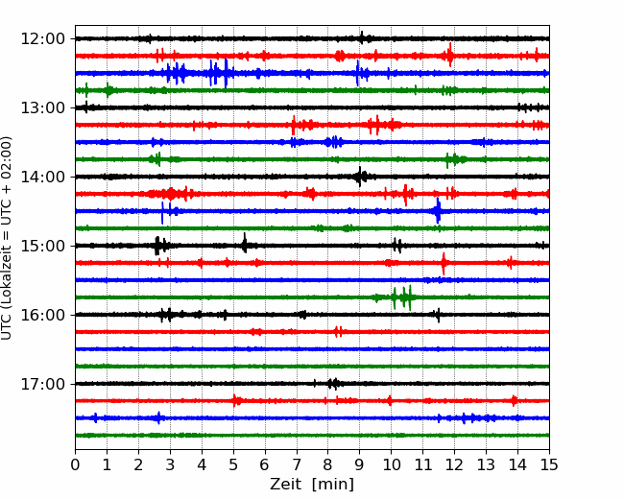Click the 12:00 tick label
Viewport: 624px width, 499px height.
click(x=42, y=39)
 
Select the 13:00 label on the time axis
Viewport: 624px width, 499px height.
click(x=42, y=107)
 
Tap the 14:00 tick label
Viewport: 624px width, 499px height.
click(x=42, y=177)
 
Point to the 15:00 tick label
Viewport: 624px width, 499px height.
click(x=42, y=246)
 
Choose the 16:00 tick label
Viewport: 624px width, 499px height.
click(x=42, y=315)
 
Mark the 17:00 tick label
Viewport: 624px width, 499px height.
click(x=42, y=384)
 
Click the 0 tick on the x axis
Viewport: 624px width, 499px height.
click(x=75, y=464)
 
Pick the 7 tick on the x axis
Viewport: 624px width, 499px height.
click(x=297, y=464)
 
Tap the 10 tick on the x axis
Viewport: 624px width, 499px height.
click(x=391, y=464)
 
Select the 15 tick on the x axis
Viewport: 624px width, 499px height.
click(x=549, y=464)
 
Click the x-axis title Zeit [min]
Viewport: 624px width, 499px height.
click(x=312, y=485)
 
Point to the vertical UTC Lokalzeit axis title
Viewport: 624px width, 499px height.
click(x=6, y=238)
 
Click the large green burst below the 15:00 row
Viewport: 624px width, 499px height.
click(x=403, y=297)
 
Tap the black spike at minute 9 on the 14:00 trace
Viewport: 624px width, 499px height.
click(x=360, y=177)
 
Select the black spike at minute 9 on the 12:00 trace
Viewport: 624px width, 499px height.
click(x=362, y=37)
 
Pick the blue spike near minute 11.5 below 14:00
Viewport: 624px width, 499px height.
click(x=438, y=211)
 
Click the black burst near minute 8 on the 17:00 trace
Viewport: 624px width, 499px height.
click(x=333, y=384)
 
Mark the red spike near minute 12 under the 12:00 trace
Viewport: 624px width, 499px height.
click(x=450, y=55)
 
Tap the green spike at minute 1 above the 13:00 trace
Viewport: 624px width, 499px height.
click(x=108, y=90)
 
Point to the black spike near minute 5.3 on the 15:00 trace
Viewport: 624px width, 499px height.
click(x=245, y=243)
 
